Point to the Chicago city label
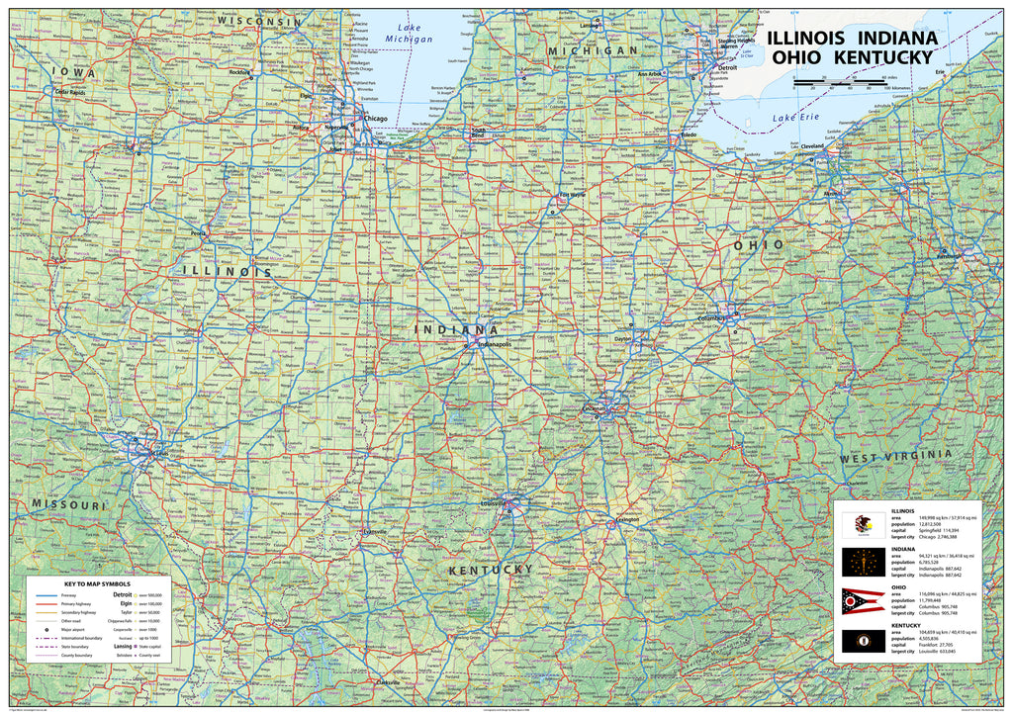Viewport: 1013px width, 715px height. (376, 119)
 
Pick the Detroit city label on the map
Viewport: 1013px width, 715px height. (728, 67)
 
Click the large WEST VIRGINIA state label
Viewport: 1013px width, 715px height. (896, 457)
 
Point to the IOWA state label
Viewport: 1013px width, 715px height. (73, 73)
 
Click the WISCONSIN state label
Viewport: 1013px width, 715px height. (259, 21)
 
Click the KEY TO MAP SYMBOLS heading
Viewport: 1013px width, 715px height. (97, 583)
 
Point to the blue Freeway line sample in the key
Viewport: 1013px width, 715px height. (46, 595)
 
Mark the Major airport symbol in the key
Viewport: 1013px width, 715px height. (46, 629)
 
